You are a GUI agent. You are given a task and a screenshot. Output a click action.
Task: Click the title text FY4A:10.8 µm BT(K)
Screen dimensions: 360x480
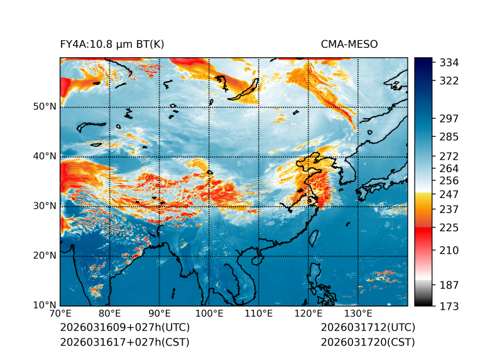(x=112, y=44)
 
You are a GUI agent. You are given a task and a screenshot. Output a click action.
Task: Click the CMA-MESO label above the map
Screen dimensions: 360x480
(x=349, y=44)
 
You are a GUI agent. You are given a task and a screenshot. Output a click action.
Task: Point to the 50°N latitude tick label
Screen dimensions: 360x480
(x=45, y=107)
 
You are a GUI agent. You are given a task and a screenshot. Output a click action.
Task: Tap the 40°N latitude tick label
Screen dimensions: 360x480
(x=45, y=156)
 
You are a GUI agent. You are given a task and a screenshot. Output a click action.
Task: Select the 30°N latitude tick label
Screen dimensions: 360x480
(x=45, y=206)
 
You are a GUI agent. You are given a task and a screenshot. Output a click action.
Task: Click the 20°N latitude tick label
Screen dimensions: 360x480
(x=45, y=256)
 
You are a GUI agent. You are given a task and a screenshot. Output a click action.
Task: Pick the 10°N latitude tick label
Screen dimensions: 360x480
(x=45, y=306)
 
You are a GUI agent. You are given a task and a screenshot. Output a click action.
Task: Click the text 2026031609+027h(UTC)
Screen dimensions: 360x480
(x=124, y=328)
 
